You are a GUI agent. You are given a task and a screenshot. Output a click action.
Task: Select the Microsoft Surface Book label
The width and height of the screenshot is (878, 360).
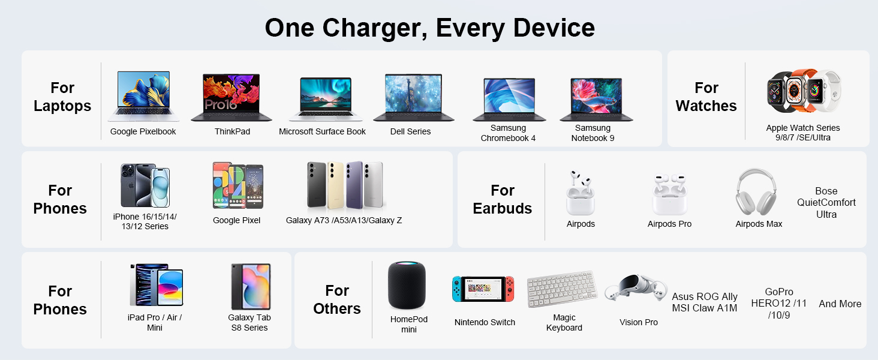click(x=322, y=131)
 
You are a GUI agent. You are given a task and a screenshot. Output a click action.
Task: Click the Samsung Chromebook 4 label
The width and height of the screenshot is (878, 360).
click(x=508, y=133)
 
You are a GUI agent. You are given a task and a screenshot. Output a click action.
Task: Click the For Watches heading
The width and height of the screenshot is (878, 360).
click(x=706, y=97)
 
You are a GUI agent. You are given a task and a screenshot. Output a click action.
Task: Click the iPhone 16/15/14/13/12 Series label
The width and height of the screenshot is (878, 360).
click(x=145, y=221)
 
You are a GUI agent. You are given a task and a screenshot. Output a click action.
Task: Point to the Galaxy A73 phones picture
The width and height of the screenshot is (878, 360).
click(x=344, y=185)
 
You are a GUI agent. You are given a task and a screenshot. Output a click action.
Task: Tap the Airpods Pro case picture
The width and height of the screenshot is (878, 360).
click(x=669, y=195)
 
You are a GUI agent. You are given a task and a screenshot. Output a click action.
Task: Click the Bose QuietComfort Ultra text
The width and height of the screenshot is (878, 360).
click(x=826, y=203)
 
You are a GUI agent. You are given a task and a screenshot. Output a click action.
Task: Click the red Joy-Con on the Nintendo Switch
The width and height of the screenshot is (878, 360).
click(x=509, y=289)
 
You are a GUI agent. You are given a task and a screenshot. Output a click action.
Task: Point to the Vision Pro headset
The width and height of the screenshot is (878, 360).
click(x=635, y=289)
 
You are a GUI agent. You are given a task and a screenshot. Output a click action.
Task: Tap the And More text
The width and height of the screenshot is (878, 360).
click(x=840, y=304)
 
